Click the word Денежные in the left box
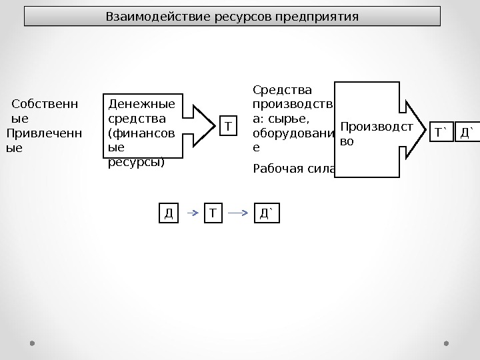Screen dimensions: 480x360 (x=142, y=104)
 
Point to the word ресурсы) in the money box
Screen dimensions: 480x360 (x=136, y=161)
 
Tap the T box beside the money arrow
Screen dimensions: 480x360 (x=229, y=125)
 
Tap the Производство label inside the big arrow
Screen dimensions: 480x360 (x=376, y=133)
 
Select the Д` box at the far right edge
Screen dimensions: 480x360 (x=469, y=132)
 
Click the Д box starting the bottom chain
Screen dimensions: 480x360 (x=169, y=213)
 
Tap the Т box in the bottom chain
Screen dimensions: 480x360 (x=213, y=213)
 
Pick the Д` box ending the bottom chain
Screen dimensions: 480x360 (x=267, y=213)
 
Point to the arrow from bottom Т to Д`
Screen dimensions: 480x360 (x=239, y=213)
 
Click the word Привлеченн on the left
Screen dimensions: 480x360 (x=44, y=133)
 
